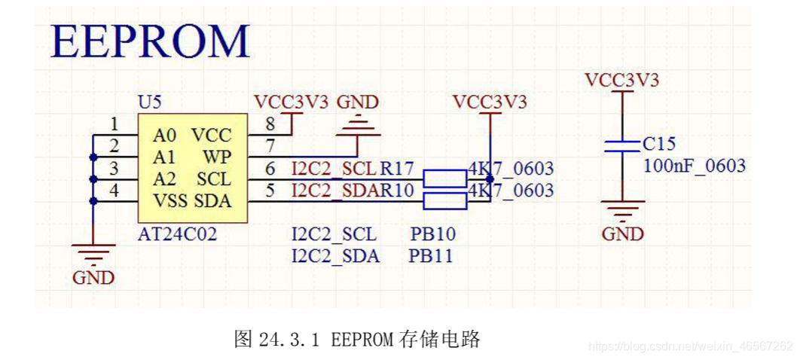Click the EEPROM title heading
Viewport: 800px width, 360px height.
pyautogui.click(x=150, y=41)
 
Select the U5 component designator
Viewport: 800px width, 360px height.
pyautogui.click(x=149, y=102)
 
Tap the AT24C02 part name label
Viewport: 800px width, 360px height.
pyautogui.click(x=177, y=234)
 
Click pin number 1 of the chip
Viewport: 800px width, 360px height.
pyautogui.click(x=114, y=124)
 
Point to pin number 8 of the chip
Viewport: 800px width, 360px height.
pyautogui.click(x=270, y=124)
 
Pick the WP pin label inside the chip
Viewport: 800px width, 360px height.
pyautogui.click(x=217, y=157)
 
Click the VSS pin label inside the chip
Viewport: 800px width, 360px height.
pyautogui.click(x=169, y=201)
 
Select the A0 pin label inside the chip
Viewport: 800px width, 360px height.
pyautogui.click(x=165, y=136)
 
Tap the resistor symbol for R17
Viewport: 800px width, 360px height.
pyautogui.click(x=444, y=178)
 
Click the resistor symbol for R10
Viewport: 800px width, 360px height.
pyautogui.click(x=444, y=200)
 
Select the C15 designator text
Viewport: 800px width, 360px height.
pyautogui.click(x=659, y=143)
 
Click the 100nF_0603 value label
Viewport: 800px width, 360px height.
pyautogui.click(x=694, y=166)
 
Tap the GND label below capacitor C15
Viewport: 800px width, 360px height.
pyautogui.click(x=622, y=234)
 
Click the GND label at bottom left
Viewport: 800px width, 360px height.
pyautogui.click(x=93, y=278)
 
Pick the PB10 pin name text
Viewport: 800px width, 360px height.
pyautogui.click(x=432, y=234)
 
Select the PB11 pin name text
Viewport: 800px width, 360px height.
pyautogui.click(x=431, y=256)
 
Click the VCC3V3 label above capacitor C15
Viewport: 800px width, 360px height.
pyautogui.click(x=622, y=80)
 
